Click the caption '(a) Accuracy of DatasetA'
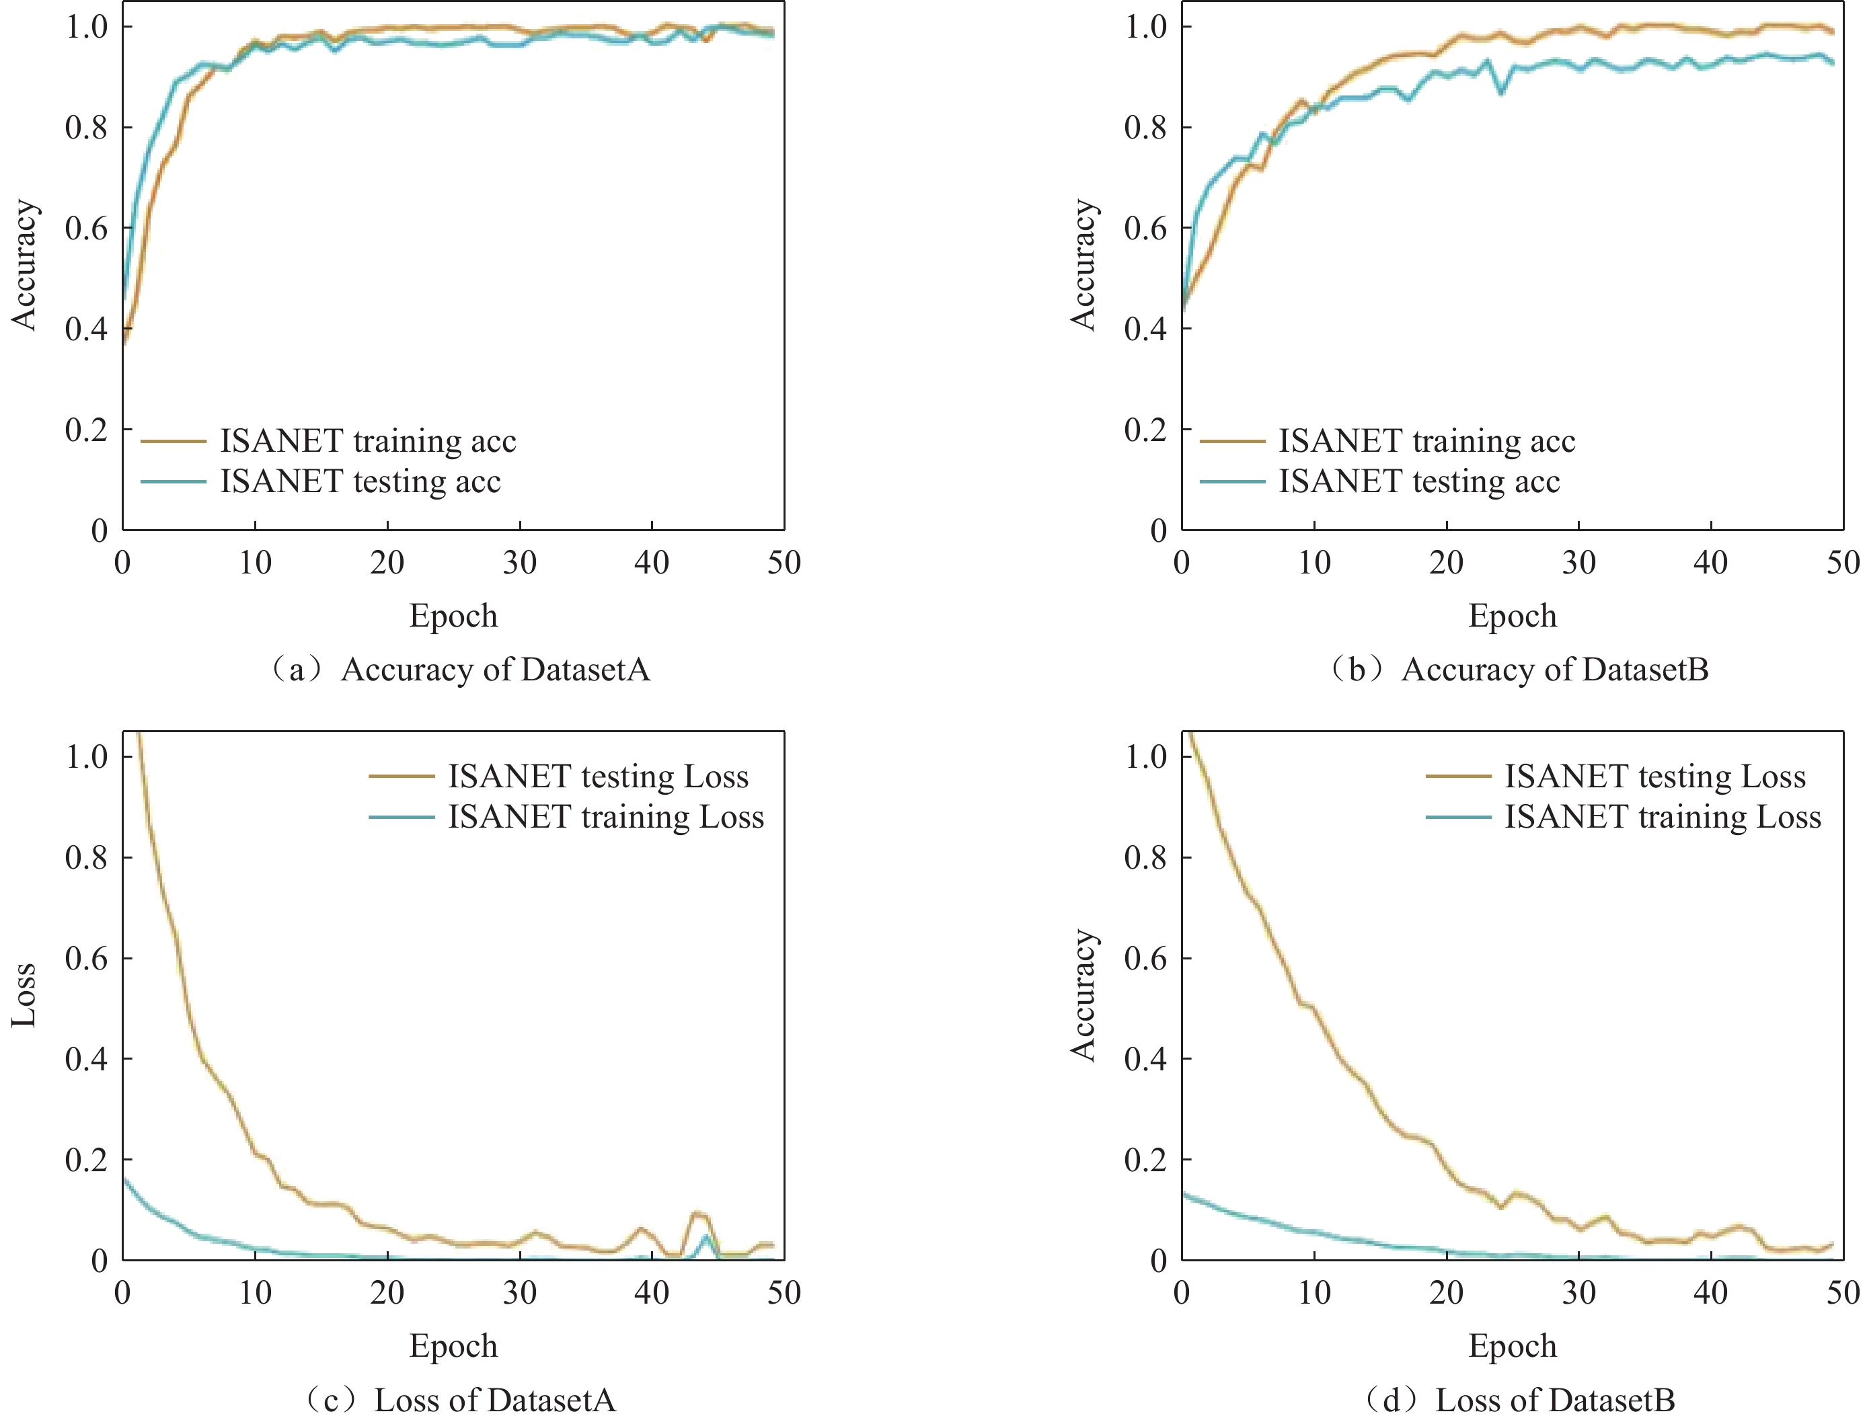click(460, 670)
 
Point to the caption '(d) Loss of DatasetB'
click(1520, 1401)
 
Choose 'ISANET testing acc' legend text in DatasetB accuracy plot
click(1418, 481)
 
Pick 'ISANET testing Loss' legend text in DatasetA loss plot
click(598, 776)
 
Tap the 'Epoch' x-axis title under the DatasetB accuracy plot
click(1512, 615)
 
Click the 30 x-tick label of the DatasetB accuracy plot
click(1578, 563)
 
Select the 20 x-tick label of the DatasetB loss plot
click(1446, 1292)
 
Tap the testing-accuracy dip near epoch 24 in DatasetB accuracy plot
click(1501, 91)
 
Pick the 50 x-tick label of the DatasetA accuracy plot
click(784, 563)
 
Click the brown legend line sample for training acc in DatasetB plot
click(1232, 441)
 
